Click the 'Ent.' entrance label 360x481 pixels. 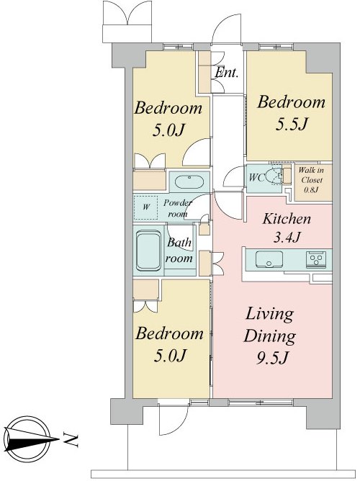pyautogui.click(x=226, y=73)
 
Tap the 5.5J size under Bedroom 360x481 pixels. pyautogui.click(x=292, y=125)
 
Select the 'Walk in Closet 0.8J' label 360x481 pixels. pyautogui.click(x=311, y=180)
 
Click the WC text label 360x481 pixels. pyautogui.click(x=256, y=178)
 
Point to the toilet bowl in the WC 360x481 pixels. pyautogui.click(x=274, y=176)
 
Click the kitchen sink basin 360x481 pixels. pyautogui.click(x=269, y=259)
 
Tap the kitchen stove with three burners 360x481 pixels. pyautogui.click(x=315, y=259)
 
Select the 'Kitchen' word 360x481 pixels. pyautogui.click(x=287, y=219)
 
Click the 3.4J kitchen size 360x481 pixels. pyautogui.click(x=287, y=237)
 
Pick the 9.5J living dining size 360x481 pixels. pyautogui.click(x=273, y=358)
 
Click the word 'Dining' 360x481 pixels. pyautogui.click(x=270, y=336)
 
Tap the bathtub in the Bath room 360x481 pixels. pyautogui.click(x=148, y=251)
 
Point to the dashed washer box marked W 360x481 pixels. pyautogui.click(x=145, y=207)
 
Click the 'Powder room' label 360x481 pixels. pyautogui.click(x=178, y=208)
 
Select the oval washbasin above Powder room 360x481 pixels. pyautogui.click(x=189, y=181)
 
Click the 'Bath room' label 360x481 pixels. pyautogui.click(x=179, y=251)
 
